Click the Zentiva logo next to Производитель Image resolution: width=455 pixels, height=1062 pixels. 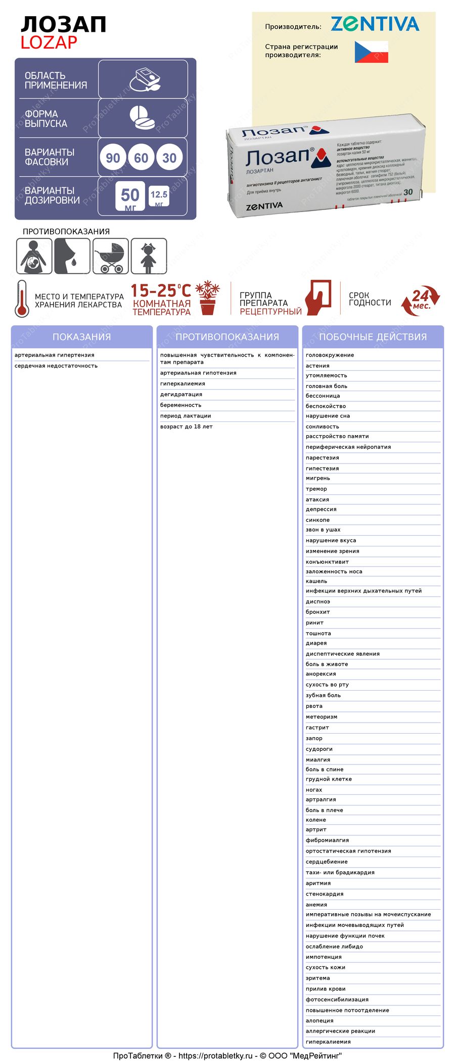[x=375, y=24]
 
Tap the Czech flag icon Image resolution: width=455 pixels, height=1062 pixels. [x=371, y=52]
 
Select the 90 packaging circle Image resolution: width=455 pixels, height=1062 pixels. [x=113, y=158]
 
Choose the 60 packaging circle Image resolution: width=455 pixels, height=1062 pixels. [x=141, y=158]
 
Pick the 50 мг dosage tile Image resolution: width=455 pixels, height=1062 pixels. [x=130, y=196]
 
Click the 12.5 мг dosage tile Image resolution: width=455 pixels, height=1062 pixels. [x=159, y=196]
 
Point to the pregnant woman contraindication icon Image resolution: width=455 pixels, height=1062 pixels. [x=34, y=256]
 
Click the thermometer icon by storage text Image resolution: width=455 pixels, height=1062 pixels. [x=22, y=299]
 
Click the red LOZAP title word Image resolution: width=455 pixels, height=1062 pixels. [x=49, y=43]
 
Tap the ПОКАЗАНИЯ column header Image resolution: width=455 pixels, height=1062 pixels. [x=81, y=337]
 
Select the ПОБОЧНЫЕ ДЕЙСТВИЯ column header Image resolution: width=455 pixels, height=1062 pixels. [x=373, y=337]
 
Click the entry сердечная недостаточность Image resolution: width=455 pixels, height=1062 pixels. [x=56, y=366]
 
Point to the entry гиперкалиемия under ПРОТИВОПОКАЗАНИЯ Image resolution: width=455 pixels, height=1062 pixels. [x=183, y=384]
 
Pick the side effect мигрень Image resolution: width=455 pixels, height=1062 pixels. [x=317, y=478]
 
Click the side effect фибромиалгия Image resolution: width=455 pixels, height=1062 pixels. [x=327, y=840]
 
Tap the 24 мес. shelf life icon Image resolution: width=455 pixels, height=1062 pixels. [x=420, y=301]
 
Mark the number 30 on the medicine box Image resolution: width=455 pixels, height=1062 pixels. [x=408, y=192]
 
